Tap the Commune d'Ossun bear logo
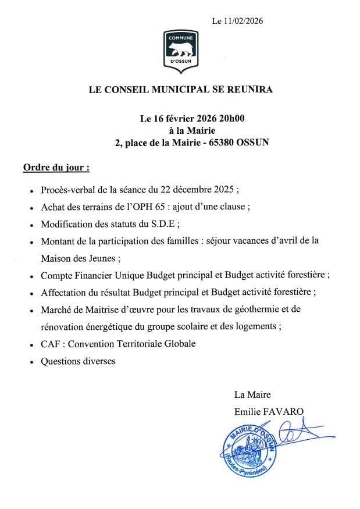point(180,52)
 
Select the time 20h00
point(231,119)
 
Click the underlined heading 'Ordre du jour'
point(56,168)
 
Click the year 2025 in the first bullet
point(222,190)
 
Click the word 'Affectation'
point(65,291)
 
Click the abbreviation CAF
point(51,344)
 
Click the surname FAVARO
point(284,411)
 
